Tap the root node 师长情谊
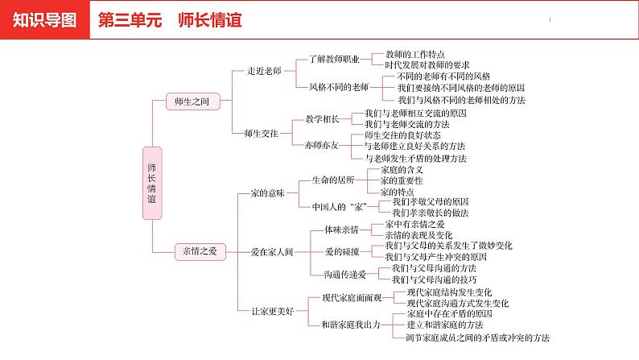coord(152,182)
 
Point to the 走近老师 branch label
coord(264,71)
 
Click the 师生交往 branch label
coord(264,134)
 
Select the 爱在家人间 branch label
coord(271,251)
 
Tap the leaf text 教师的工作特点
coord(415,53)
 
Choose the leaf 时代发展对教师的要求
coord(427,64)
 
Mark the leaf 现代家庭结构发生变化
coord(450,292)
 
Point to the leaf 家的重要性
coord(401,181)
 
